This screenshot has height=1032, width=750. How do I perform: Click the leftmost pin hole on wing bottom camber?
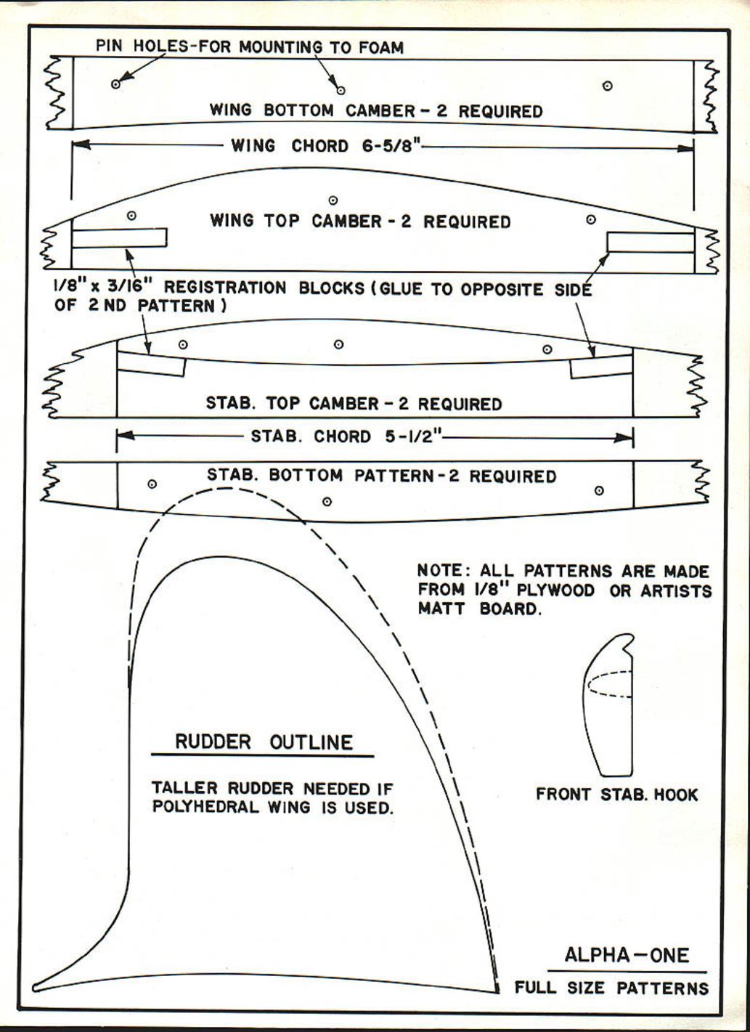click(115, 84)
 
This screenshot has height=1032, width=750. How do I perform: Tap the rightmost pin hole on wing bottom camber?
click(607, 86)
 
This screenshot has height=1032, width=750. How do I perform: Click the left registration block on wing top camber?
click(119, 237)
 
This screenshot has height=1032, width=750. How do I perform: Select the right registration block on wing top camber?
click(651, 242)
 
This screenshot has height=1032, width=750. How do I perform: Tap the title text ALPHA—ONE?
click(627, 954)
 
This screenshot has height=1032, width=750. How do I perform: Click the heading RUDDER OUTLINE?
click(264, 742)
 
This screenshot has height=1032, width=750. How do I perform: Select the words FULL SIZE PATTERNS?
click(611, 988)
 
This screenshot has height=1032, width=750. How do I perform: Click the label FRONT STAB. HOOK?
click(616, 795)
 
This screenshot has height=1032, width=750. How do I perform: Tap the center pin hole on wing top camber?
click(333, 200)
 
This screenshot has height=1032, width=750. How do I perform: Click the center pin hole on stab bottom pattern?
click(327, 501)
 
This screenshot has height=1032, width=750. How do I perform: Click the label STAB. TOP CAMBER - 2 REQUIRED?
click(354, 403)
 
